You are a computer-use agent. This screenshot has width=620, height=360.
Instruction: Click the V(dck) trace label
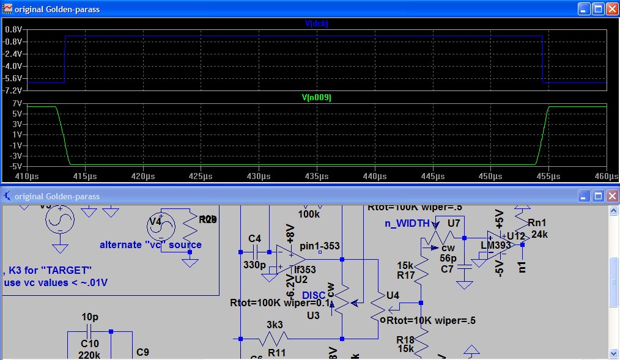pos(317,24)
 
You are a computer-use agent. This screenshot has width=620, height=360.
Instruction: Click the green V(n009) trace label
pos(317,97)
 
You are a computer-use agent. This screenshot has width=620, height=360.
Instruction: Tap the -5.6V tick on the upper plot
pos(13,78)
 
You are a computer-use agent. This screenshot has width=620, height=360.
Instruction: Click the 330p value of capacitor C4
pos(254,265)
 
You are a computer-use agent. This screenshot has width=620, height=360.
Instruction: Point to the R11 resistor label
pos(276,353)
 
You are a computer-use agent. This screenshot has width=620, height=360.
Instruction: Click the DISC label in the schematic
pos(314,296)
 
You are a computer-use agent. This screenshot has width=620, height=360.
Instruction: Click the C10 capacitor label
pos(89,343)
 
